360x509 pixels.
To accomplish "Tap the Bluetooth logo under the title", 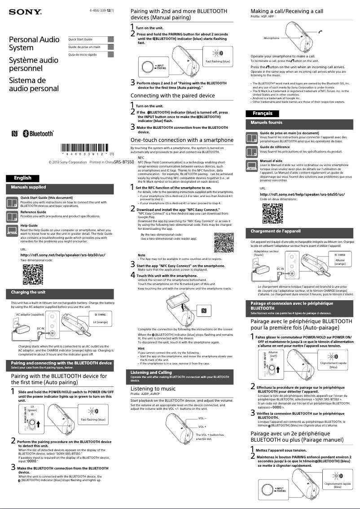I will click(x=38, y=134).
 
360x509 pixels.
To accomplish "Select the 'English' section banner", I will click(x=22, y=178).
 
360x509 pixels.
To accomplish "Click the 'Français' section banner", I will click(x=262, y=113).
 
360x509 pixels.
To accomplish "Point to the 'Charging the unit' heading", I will click(x=28, y=292).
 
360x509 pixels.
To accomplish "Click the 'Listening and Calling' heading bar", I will click(x=151, y=373).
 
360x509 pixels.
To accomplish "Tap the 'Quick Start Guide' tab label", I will click(x=80, y=39).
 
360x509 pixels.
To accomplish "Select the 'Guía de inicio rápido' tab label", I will click(x=83, y=54).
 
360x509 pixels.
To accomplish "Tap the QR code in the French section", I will click(x=272, y=213).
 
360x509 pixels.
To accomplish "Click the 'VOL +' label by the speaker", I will click(x=202, y=427).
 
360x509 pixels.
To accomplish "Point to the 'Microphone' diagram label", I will click(x=272, y=38).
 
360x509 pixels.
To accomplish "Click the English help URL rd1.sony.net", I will click(x=63, y=255).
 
